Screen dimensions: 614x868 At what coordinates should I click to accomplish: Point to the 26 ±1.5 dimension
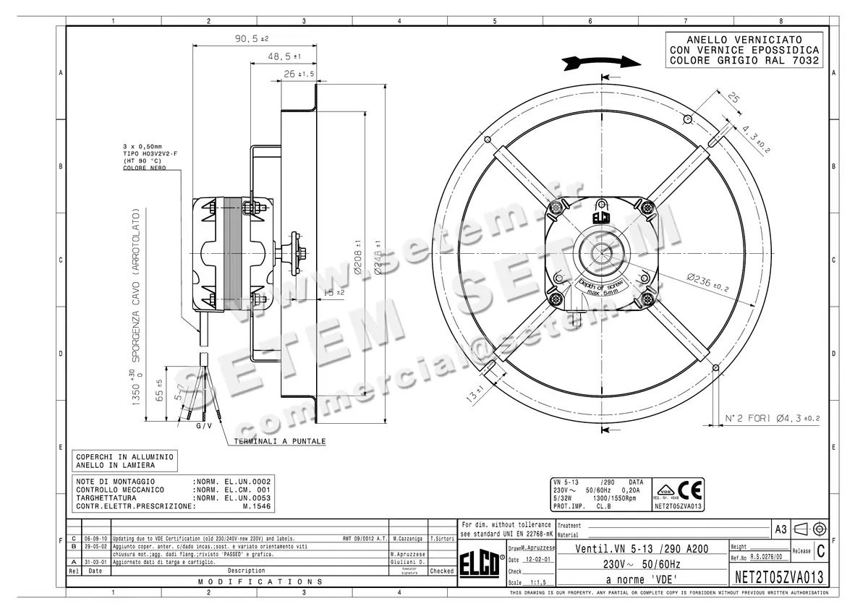pos(298,74)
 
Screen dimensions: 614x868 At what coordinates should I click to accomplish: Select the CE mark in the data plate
pos(693,491)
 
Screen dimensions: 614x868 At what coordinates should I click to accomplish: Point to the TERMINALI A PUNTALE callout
pos(279,441)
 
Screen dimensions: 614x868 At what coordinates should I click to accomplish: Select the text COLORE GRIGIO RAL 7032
pos(744,61)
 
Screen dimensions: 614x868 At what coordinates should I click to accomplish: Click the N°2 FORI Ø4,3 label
pos(773,419)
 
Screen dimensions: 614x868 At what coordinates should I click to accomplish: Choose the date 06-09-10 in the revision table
pos(95,540)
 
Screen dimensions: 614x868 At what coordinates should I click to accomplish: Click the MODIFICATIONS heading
pos(260,581)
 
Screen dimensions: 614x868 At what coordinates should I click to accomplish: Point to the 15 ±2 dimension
pos(333,292)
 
